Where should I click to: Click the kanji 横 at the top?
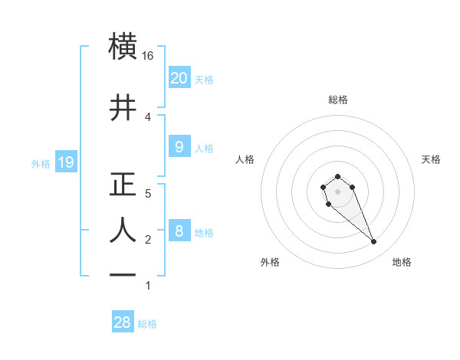123,47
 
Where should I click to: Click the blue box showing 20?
179,78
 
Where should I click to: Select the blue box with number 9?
179,147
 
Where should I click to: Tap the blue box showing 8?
179,231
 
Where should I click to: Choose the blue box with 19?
65,162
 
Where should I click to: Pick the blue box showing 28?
123,322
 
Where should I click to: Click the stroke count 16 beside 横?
148,56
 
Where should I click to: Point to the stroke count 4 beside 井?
148,116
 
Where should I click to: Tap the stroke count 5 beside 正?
148,194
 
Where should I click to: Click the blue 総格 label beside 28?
147,324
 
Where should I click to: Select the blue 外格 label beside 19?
41,163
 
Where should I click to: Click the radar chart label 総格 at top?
337,100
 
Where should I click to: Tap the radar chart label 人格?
245,159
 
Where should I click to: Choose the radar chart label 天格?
431,159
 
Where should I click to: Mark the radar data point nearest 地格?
374,242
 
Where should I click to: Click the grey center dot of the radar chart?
337,191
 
